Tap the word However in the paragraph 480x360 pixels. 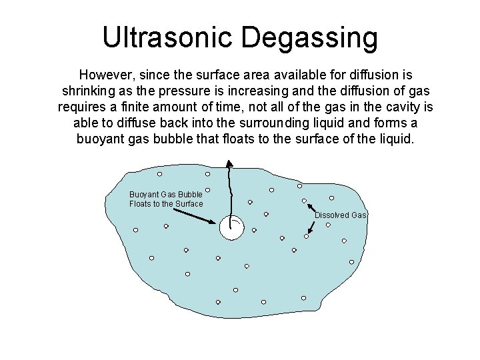(x=108, y=73)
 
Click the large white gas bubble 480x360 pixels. (x=231, y=228)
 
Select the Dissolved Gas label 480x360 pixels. (x=341, y=215)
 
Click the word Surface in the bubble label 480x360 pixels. (x=189, y=203)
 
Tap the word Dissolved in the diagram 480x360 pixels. (x=331, y=215)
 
